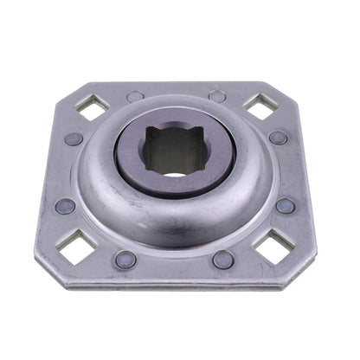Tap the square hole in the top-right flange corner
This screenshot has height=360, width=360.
(260, 106)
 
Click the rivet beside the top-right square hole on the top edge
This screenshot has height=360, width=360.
(217, 96)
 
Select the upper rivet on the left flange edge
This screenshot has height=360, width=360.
(74, 138)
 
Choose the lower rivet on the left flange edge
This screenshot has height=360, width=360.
(65, 206)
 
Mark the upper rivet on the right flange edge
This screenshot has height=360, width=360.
(278, 138)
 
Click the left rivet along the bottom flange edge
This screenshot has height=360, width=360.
(126, 259)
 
